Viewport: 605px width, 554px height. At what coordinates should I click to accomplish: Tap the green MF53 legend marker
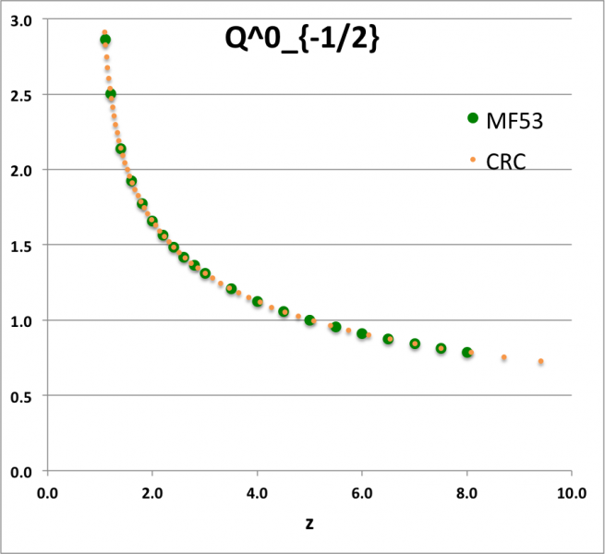click(x=474, y=117)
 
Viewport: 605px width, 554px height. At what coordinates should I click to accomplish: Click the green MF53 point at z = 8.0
click(x=467, y=353)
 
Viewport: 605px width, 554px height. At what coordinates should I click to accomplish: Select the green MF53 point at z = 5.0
click(x=309, y=320)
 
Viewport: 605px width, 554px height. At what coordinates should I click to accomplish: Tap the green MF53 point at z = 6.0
click(x=362, y=333)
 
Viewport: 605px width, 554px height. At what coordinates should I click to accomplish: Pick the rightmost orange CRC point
click(x=540, y=361)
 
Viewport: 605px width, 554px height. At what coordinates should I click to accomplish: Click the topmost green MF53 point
click(x=105, y=40)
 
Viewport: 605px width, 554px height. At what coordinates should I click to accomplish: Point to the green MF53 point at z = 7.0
click(x=415, y=343)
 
